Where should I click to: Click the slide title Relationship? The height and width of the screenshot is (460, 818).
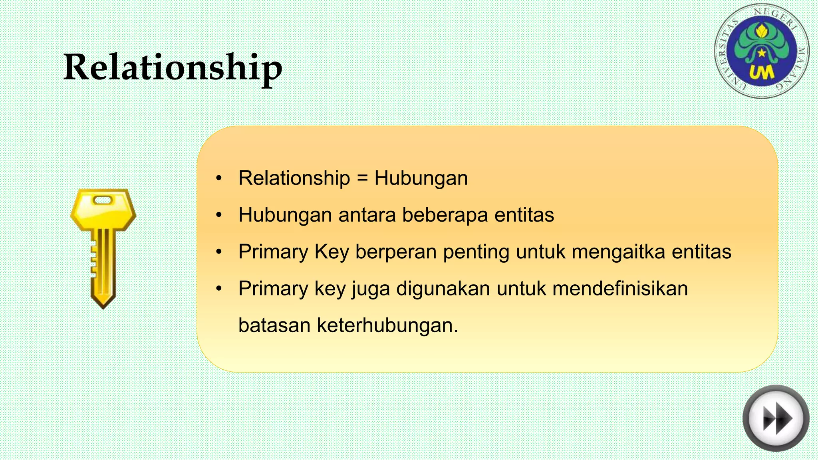tap(173, 67)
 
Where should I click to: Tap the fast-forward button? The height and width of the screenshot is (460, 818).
tap(776, 418)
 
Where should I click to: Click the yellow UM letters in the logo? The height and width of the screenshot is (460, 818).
tap(761, 73)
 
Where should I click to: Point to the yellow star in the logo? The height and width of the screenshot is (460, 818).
tap(762, 53)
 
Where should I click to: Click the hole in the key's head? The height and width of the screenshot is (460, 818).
tap(103, 200)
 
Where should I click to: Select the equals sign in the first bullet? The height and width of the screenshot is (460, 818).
tap(362, 178)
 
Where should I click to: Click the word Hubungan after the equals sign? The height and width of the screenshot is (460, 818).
tap(421, 178)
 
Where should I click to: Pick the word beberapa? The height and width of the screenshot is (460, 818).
tap(445, 215)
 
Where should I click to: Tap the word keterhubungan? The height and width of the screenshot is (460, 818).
tap(387, 325)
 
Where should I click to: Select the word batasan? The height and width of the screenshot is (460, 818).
tap(274, 325)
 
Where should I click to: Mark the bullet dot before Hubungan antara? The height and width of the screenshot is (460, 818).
tap(218, 215)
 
